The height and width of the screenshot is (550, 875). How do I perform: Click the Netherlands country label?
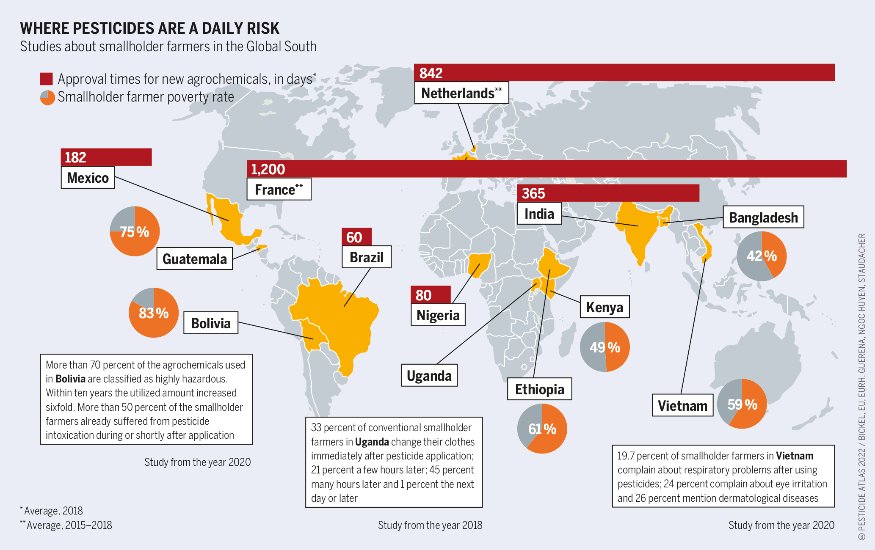461,93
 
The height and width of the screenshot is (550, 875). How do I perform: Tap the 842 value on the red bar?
431,73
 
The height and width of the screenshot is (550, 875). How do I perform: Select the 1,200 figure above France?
268,169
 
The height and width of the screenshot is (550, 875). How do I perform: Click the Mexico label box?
88,178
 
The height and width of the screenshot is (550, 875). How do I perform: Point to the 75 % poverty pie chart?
135,231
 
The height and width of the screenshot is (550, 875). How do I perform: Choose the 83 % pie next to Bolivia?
154,313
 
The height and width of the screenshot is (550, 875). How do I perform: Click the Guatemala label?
194,259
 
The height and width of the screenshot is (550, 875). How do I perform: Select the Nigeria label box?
438,315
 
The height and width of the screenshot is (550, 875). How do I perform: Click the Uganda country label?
429,376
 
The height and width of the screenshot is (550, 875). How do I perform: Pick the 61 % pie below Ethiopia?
542,429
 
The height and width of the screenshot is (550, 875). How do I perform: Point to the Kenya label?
604,307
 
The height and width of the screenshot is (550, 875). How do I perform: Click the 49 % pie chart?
604,347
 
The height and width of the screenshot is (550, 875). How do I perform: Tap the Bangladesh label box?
763,217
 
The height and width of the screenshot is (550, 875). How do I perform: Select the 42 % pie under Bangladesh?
761,256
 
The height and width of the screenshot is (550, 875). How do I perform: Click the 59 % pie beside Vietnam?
742,404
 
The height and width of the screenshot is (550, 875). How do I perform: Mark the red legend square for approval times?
46,79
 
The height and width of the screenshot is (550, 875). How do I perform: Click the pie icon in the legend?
47,97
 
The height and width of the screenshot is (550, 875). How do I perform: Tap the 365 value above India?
533,193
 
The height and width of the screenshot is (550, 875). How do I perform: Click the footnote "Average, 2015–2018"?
69,525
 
